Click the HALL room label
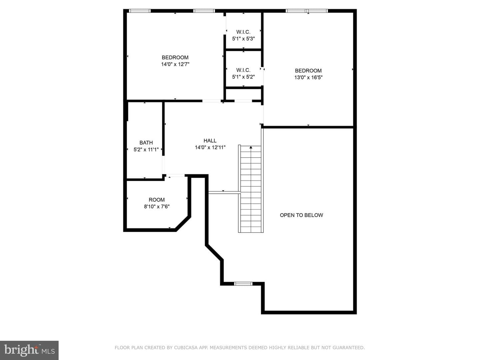[x=210, y=141]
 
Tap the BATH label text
[x=146, y=143]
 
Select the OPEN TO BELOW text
[x=301, y=215]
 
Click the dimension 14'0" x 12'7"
[x=175, y=64]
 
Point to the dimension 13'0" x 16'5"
[x=308, y=77]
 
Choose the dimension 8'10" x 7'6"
[x=157, y=207]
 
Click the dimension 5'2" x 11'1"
[x=146, y=150]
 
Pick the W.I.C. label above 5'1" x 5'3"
[x=243, y=32]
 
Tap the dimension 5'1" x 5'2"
[x=243, y=77]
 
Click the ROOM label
[x=157, y=200]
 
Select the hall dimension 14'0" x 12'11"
[x=210, y=148]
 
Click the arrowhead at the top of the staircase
[x=251, y=148]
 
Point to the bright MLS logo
[x=29, y=350]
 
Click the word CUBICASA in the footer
[x=186, y=348]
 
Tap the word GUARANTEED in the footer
[x=348, y=348]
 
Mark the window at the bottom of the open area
[x=243, y=284]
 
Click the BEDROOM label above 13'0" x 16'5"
[x=308, y=71]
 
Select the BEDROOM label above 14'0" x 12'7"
[x=175, y=57]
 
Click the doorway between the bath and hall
[x=163, y=165]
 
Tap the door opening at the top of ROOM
[x=176, y=176]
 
